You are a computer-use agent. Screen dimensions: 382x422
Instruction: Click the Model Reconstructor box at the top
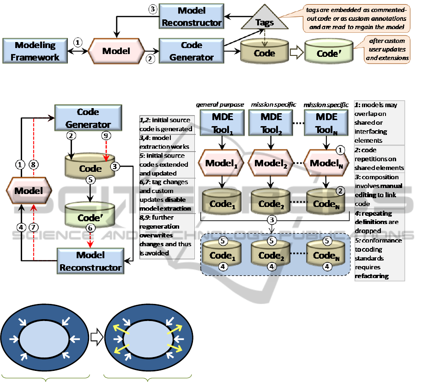point(192,16)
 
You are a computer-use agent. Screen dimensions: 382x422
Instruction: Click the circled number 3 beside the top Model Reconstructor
point(152,9)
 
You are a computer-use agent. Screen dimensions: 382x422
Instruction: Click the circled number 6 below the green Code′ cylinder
point(90,228)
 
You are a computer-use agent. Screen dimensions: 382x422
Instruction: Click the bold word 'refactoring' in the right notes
point(372,276)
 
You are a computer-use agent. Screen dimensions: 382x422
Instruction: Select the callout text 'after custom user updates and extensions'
point(388,49)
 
